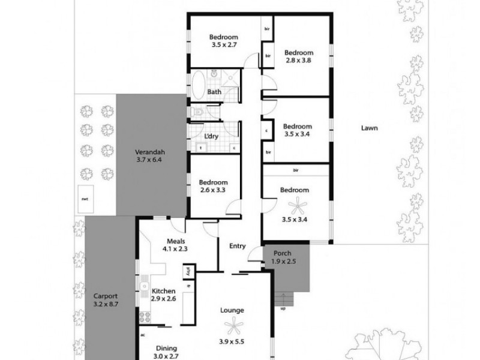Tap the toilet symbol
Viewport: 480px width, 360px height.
(x=199, y=112)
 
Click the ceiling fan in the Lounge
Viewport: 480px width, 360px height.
(x=232, y=327)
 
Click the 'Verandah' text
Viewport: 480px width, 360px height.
(x=149, y=151)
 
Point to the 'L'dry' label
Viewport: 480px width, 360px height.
(x=211, y=136)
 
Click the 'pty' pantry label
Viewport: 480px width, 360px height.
(x=188, y=271)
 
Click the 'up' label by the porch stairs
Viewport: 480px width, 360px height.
(x=282, y=310)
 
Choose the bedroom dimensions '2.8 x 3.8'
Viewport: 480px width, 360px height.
(x=298, y=60)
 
